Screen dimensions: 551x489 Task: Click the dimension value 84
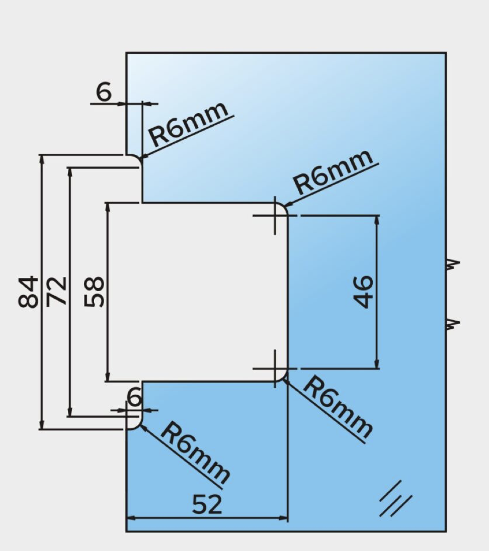coord(28,292)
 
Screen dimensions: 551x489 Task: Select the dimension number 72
coord(56,292)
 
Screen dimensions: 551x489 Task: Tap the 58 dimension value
coord(94,292)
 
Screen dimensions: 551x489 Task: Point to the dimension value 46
coord(363,292)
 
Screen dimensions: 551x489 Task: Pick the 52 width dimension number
coord(207,504)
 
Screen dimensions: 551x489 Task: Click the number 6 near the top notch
coord(104,92)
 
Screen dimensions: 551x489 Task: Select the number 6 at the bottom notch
coord(134,397)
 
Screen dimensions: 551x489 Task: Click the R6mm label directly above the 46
coord(334,171)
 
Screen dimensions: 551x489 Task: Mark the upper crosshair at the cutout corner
coord(275,216)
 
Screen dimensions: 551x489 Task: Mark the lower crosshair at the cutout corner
coord(275,369)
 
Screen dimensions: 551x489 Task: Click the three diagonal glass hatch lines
coord(395,499)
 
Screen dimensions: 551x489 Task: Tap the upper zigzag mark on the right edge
coord(453,263)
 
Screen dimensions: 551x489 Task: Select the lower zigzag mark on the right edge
coord(453,324)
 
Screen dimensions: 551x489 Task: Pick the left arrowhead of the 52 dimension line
coord(130,518)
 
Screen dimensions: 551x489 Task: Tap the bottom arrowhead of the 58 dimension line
coord(107,378)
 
